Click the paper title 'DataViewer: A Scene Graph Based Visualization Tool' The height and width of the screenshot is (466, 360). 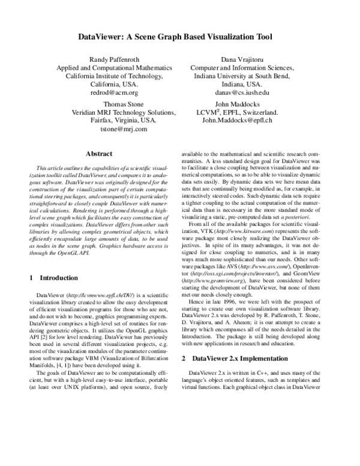179,37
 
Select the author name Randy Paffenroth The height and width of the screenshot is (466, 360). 114,59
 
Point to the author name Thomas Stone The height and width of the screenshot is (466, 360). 114,103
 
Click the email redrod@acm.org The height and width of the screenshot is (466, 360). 114,93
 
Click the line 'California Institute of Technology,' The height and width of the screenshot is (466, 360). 114,76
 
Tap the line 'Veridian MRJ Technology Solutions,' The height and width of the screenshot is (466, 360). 114,112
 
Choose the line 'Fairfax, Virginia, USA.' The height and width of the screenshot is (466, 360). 114,120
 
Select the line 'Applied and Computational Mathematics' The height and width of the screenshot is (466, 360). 114,68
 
